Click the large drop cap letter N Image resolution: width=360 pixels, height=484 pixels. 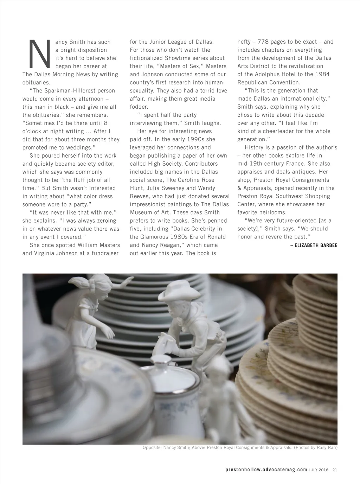[38, 53]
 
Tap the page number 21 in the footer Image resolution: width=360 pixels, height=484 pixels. [334, 470]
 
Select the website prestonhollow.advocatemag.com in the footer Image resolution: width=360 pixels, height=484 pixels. [266, 470]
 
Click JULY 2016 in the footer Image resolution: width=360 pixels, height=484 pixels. [318, 470]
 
